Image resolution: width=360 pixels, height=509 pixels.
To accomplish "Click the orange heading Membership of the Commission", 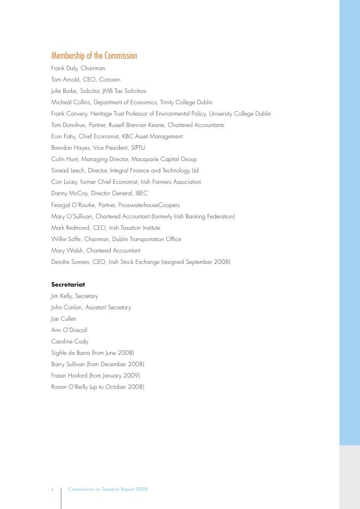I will coord(94,55).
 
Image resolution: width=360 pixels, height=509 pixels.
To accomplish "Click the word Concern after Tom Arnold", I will coord(109,79).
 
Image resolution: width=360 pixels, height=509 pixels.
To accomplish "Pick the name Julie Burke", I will coord(63,90).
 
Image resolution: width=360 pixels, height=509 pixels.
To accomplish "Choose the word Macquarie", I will coord(140,159).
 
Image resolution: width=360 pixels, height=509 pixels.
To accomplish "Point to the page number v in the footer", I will coord(52,489).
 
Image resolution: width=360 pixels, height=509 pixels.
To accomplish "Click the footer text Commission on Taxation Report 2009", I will coord(108,489).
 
